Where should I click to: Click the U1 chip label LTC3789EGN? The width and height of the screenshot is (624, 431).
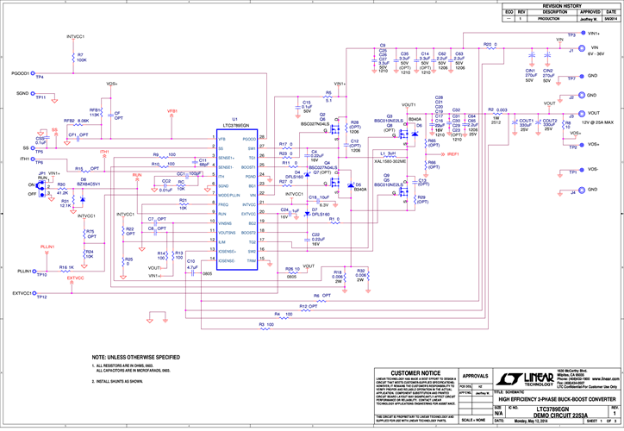[x=234, y=126]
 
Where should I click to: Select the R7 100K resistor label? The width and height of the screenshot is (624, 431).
[x=81, y=58]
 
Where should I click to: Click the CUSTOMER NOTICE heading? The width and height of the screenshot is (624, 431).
[x=415, y=372]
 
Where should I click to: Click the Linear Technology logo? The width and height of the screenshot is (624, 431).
[x=538, y=381]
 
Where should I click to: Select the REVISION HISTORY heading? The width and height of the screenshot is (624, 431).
[x=561, y=5]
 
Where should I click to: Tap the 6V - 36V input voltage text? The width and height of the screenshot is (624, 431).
[x=598, y=53]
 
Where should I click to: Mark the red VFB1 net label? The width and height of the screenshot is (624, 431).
[x=172, y=111]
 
